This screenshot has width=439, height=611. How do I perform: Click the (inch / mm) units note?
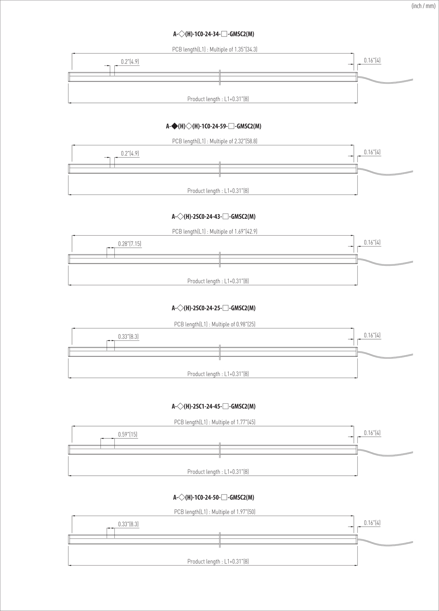423,6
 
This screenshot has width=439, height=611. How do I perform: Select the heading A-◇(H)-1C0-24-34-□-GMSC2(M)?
214,34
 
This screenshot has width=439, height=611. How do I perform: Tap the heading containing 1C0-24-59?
214,126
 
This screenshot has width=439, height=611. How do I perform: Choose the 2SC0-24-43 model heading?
214,216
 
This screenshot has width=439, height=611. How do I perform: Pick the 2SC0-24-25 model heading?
214,308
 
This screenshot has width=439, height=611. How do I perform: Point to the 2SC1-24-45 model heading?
214,406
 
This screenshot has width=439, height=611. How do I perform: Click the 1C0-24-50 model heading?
214,497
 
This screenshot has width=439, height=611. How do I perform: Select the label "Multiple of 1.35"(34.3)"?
234,49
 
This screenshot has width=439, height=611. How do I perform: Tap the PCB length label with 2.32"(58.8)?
215,141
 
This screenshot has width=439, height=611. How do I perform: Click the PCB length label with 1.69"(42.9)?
215,231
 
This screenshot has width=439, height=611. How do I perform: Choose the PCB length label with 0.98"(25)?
215,324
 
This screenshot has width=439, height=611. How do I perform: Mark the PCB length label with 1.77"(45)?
215,422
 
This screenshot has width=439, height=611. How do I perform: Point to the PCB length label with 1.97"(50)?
215,512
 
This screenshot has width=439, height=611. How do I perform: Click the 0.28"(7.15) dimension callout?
130,244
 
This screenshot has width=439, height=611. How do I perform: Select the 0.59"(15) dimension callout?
128,434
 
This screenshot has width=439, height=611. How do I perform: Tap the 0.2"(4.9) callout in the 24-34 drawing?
130,62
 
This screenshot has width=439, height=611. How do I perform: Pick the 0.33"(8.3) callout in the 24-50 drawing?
128,524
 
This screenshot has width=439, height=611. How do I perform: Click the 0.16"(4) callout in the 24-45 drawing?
372,433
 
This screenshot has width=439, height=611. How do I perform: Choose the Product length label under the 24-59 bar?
218,191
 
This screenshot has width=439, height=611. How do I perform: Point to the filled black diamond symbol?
174,126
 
